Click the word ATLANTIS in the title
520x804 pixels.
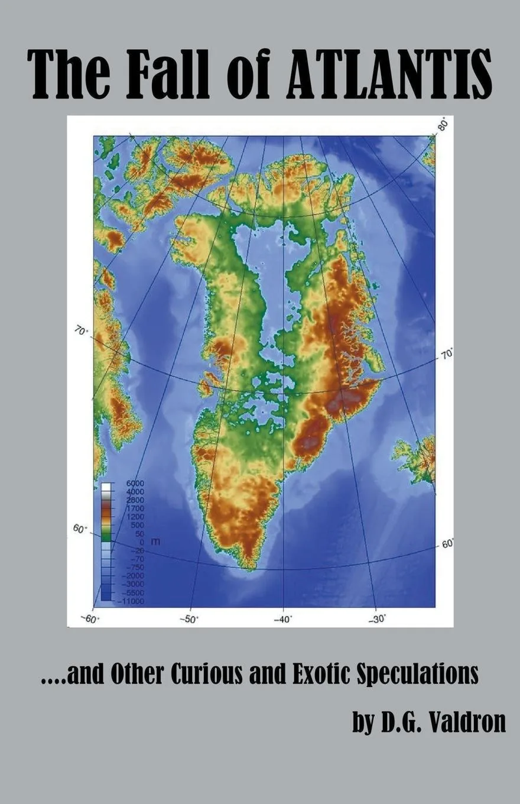(389, 74)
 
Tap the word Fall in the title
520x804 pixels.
(168, 74)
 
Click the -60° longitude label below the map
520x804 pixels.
(90, 618)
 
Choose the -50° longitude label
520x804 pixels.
(189, 618)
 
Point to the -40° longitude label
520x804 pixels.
(283, 618)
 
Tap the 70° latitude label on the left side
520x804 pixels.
(81, 332)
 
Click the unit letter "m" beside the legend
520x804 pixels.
(156, 541)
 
